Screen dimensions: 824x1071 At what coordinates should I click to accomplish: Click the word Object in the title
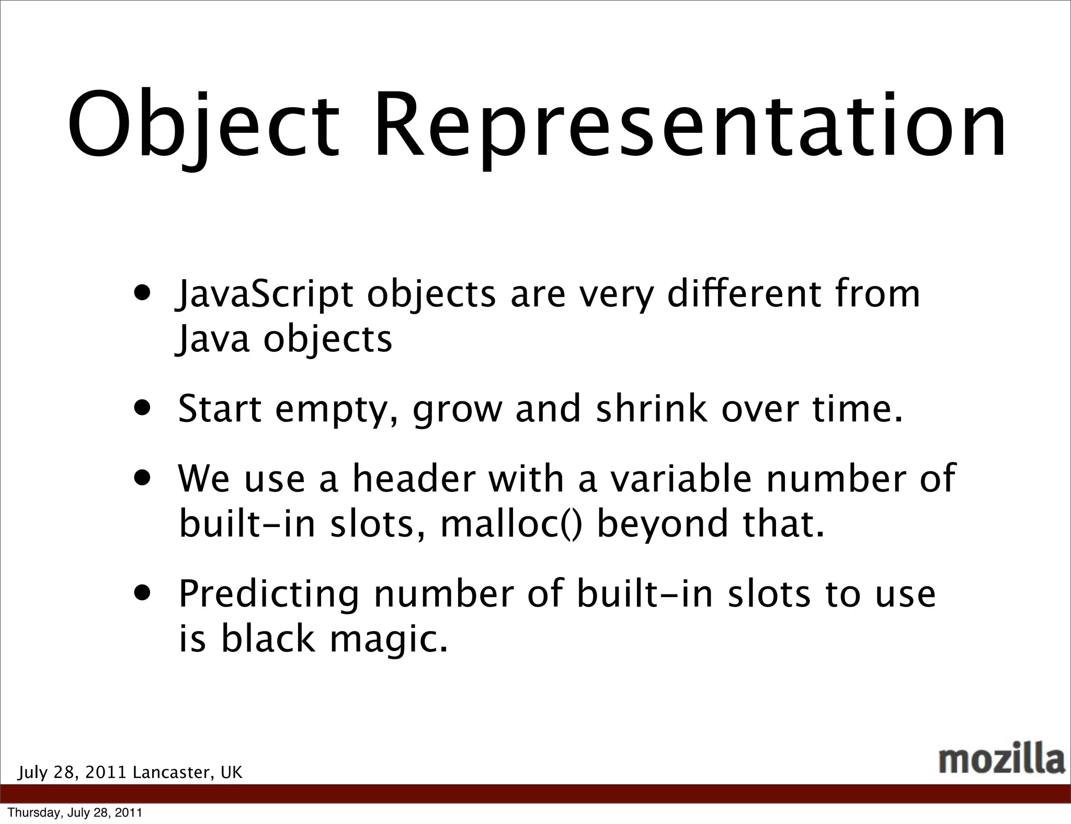204,125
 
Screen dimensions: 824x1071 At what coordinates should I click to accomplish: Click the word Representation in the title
690,125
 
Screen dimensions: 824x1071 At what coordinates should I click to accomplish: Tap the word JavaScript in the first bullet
265,294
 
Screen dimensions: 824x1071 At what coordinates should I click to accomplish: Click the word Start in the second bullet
220,409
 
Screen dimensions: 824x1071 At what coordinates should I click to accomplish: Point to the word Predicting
269,594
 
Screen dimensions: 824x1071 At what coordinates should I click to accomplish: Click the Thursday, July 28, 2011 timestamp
75,812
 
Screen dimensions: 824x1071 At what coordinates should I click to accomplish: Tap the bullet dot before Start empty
143,407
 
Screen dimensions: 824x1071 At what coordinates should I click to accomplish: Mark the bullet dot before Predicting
143,592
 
